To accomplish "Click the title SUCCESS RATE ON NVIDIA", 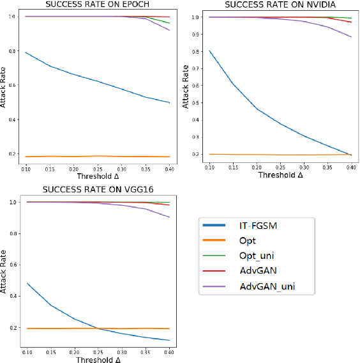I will (x=273, y=5).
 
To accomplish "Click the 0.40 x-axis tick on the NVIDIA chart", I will (x=350, y=166).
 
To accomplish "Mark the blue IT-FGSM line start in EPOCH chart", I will (x=26, y=52).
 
